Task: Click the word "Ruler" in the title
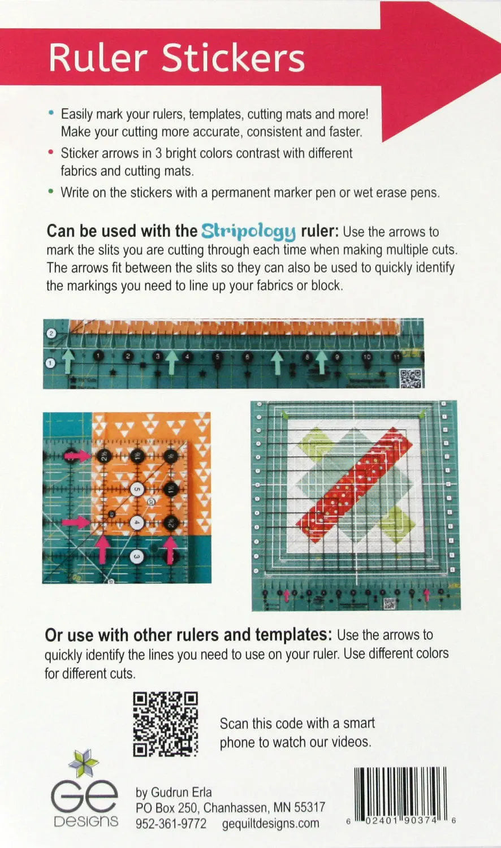click(x=98, y=58)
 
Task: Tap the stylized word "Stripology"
click(x=249, y=231)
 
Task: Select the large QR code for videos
click(x=166, y=724)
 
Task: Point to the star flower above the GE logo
click(x=84, y=764)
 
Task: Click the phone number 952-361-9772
click(x=171, y=824)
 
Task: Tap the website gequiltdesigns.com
click(x=270, y=824)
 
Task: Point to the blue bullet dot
click(x=51, y=114)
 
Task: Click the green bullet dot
click(x=51, y=192)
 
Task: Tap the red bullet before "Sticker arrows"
click(x=51, y=153)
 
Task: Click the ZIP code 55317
click(x=309, y=807)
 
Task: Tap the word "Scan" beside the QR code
click(x=233, y=724)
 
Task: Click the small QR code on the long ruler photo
click(x=411, y=377)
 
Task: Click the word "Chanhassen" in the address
click(x=234, y=807)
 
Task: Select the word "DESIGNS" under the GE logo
click(x=86, y=821)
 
